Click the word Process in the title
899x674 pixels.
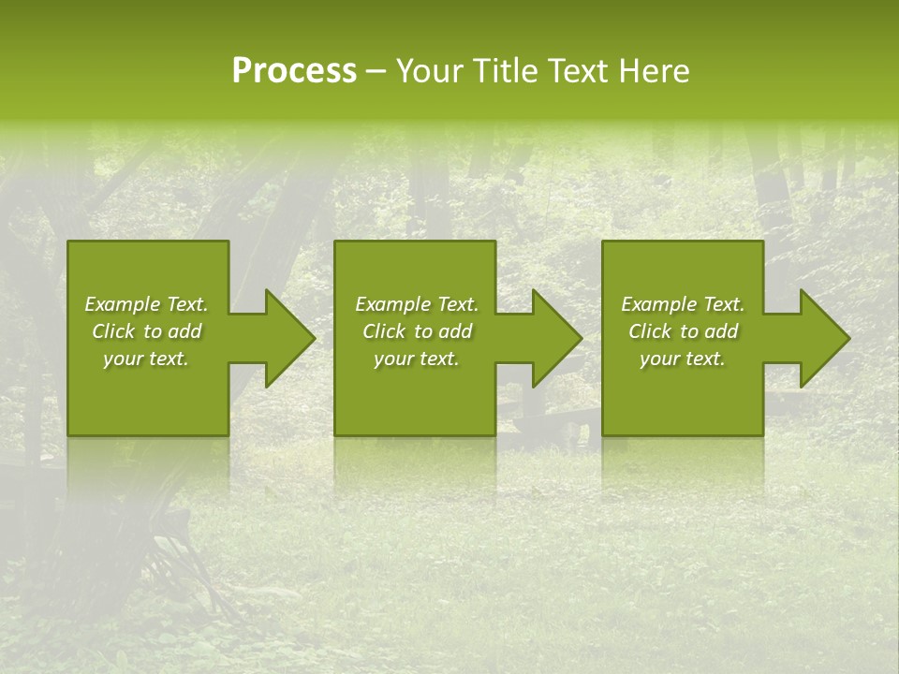tap(294, 71)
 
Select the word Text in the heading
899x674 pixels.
tap(576, 71)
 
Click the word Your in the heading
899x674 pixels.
tap(429, 71)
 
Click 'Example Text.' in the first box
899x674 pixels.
tap(146, 304)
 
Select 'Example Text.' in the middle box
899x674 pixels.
tap(417, 304)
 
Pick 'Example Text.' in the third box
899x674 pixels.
tap(683, 304)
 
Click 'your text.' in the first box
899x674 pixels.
tap(146, 359)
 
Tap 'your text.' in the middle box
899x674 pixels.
tap(417, 359)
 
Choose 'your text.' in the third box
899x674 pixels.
tap(683, 359)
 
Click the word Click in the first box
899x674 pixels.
tap(114, 331)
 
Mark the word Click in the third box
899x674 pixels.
tap(651, 331)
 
